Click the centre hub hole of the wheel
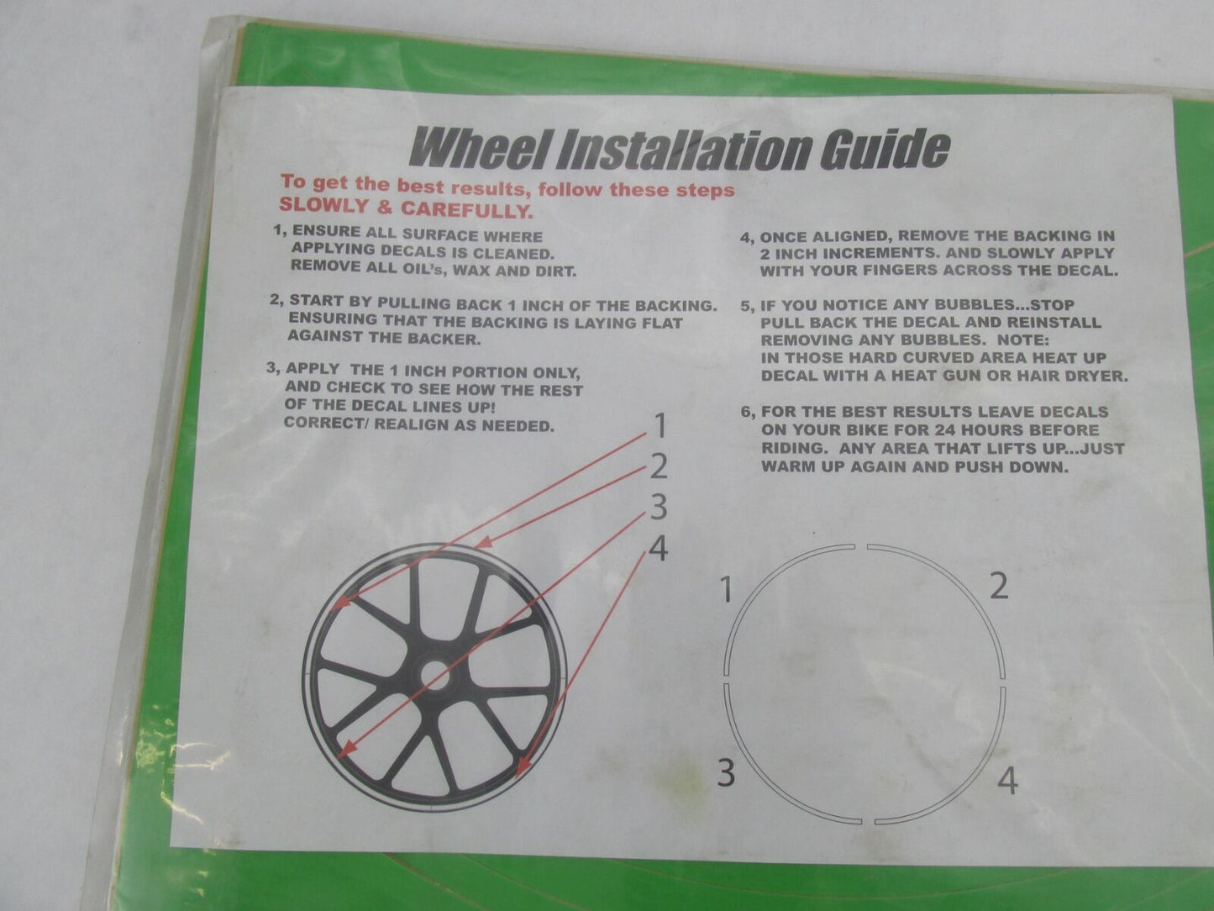pos(432,672)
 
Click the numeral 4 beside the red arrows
pos(660,549)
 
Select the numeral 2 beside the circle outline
pos(997,586)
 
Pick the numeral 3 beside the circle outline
pos(727,771)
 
